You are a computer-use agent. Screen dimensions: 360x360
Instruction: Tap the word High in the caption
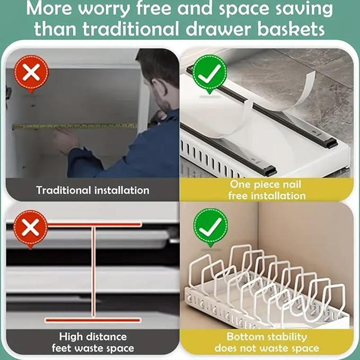[x=71, y=337]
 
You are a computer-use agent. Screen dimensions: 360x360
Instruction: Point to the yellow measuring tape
[x=75, y=126]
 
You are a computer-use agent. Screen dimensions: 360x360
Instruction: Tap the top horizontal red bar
[x=94, y=225]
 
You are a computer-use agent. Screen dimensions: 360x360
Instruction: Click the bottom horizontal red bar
[x=93, y=320]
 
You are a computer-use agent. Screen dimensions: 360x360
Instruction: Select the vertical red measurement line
[x=93, y=273]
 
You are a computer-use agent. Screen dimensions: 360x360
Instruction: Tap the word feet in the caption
[x=62, y=348]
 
